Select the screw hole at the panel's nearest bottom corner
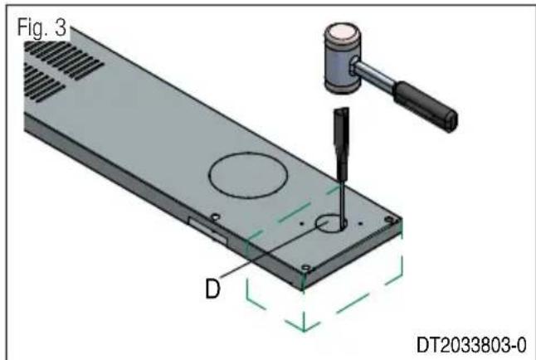[x=306, y=269]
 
